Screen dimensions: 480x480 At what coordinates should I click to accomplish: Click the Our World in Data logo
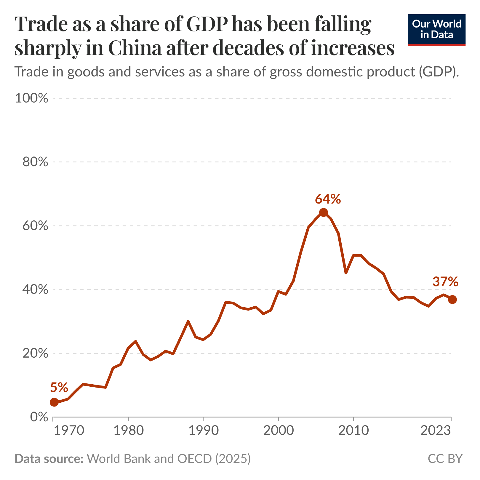tap(436, 30)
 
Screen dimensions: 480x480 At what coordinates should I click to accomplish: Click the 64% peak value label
tap(328, 199)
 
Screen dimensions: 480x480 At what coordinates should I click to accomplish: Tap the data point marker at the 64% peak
tap(323, 212)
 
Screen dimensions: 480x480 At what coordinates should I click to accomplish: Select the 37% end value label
tap(445, 281)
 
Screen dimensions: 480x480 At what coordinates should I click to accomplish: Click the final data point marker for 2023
tap(452, 300)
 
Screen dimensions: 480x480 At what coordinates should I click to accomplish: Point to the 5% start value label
tap(59, 387)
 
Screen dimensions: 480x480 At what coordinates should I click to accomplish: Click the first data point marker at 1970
tap(54, 402)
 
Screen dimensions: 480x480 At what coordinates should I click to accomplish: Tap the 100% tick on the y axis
tap(31, 98)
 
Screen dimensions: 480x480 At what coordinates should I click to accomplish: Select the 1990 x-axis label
tap(204, 431)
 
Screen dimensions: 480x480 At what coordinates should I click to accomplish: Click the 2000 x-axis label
tap(279, 431)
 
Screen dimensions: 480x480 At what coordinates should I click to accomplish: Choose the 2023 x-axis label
tap(436, 431)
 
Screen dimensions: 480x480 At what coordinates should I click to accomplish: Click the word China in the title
tap(135, 48)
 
